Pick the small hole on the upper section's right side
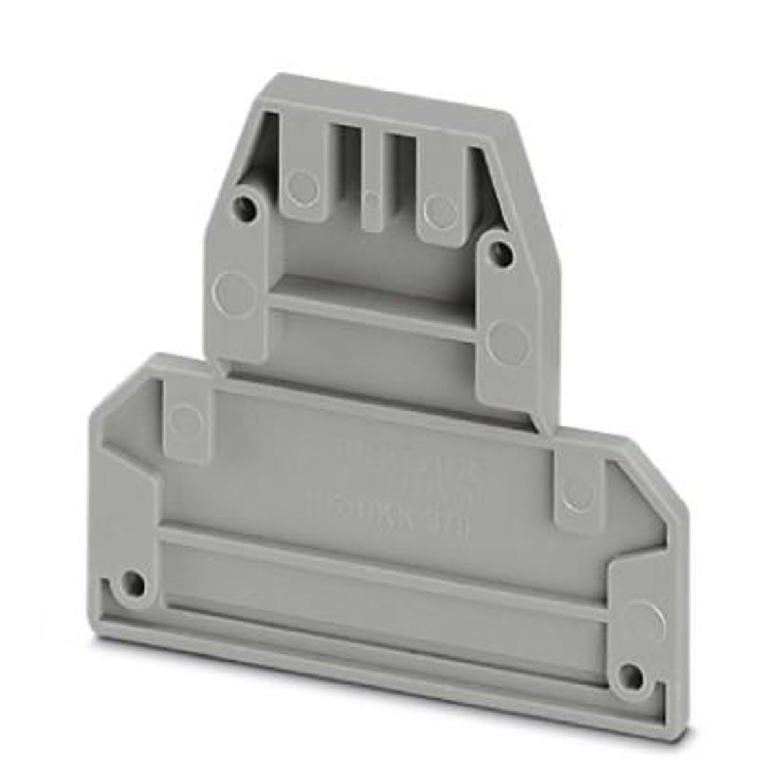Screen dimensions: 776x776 pyautogui.click(x=501, y=254)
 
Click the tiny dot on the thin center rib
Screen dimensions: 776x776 pyautogui.click(x=370, y=200)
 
